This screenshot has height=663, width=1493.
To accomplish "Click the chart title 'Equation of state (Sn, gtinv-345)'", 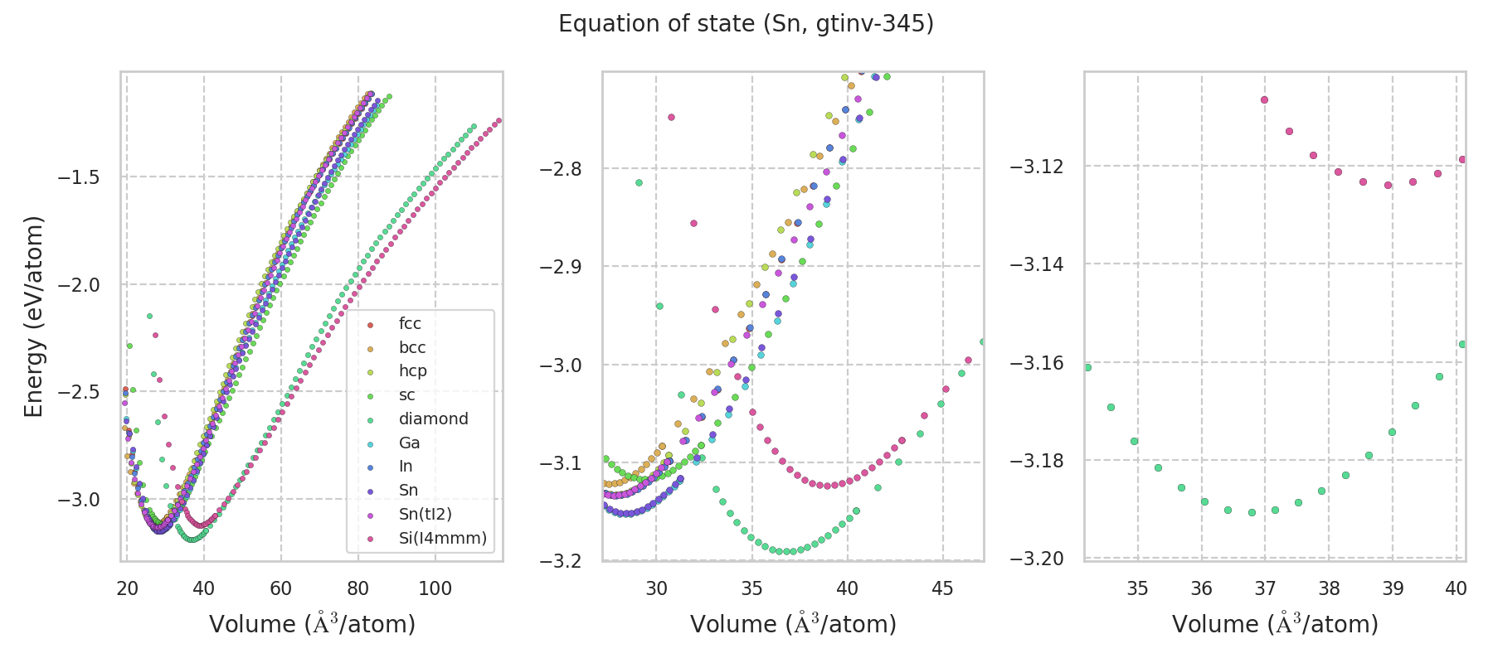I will point(746,24).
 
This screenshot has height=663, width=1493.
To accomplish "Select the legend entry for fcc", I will point(410,324).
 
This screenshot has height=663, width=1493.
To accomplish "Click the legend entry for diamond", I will point(433,419).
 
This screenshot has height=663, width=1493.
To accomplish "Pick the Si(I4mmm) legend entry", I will point(442,539).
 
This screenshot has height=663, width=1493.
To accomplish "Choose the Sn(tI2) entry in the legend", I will point(425,515).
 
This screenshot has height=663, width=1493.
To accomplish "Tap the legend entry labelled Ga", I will point(409,443).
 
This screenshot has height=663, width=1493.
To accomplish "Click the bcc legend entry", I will point(411,348).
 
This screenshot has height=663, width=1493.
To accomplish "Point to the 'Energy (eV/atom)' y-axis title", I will point(33,317).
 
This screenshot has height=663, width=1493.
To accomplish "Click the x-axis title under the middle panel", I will point(793,624).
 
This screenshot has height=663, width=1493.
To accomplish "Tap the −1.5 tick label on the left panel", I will point(78,177).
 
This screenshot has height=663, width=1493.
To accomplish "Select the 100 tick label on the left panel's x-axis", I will point(435,589).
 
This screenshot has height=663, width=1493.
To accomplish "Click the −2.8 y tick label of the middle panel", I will point(562,169).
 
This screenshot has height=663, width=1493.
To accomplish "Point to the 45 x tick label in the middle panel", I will point(943,589).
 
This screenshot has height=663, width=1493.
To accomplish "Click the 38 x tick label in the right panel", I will point(1329,589).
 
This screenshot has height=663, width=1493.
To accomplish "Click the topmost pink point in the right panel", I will point(1265,99).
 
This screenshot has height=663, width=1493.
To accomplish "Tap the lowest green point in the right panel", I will point(1252,512).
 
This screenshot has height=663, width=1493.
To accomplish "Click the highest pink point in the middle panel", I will point(671,117).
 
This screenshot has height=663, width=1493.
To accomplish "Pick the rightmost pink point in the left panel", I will point(498,120).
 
